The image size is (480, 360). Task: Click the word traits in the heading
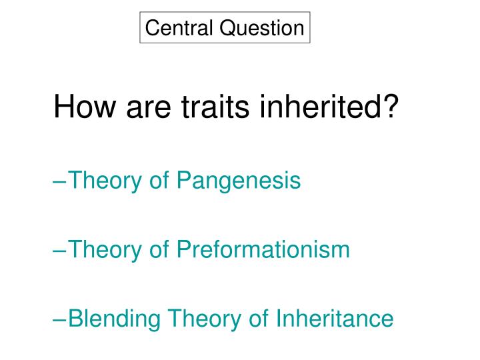209,107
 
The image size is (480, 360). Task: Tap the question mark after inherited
394,107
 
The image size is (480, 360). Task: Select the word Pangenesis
239,180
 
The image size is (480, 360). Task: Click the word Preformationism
263,249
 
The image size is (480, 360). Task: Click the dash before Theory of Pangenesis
60,181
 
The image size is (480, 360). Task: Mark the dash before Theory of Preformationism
60,250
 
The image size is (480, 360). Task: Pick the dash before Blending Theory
60,319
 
